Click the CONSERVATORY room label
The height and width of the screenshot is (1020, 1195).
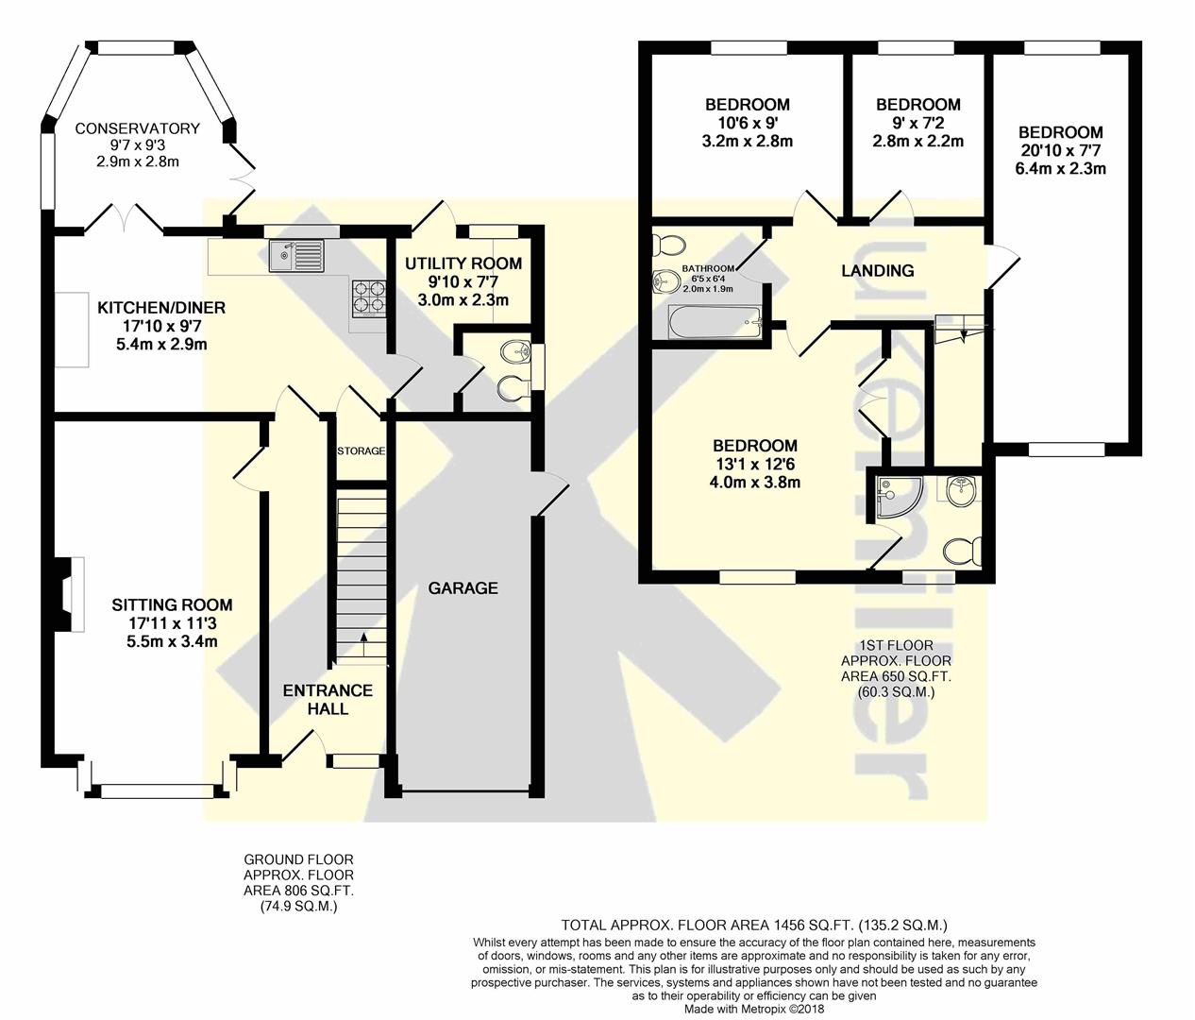(x=137, y=128)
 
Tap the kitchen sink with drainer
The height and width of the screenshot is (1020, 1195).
(x=297, y=256)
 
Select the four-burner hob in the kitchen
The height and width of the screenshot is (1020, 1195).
(x=368, y=297)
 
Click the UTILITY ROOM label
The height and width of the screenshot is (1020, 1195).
(x=463, y=263)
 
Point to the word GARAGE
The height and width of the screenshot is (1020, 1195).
(x=463, y=588)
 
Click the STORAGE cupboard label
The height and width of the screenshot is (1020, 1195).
(x=361, y=450)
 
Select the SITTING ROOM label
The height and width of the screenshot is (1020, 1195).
(x=173, y=605)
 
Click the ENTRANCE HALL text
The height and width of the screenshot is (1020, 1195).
(x=328, y=700)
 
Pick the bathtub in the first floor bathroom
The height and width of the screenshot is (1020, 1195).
(x=715, y=322)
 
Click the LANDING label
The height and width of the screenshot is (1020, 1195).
(x=878, y=271)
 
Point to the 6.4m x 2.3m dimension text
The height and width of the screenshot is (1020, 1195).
(x=1060, y=169)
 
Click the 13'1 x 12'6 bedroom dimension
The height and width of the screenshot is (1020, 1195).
(x=754, y=464)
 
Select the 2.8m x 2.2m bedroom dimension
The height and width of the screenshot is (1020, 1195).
(x=918, y=141)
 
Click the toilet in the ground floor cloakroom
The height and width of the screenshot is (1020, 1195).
(x=513, y=387)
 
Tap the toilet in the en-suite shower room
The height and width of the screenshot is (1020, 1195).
(x=962, y=552)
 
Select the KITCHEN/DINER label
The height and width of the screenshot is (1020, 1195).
(x=160, y=308)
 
